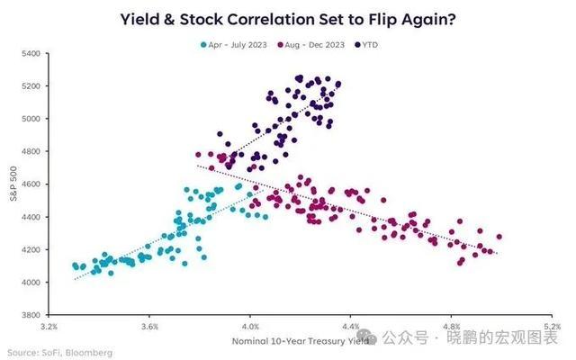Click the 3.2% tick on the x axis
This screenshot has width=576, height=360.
click(x=49, y=326)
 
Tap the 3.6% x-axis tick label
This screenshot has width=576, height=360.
click(x=149, y=326)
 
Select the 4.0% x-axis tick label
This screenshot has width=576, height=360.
click(x=250, y=326)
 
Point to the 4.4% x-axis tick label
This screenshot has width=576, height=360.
click(x=351, y=326)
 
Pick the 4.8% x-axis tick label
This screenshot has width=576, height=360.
click(x=452, y=326)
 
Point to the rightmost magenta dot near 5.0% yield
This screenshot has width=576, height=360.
click(x=499, y=238)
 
